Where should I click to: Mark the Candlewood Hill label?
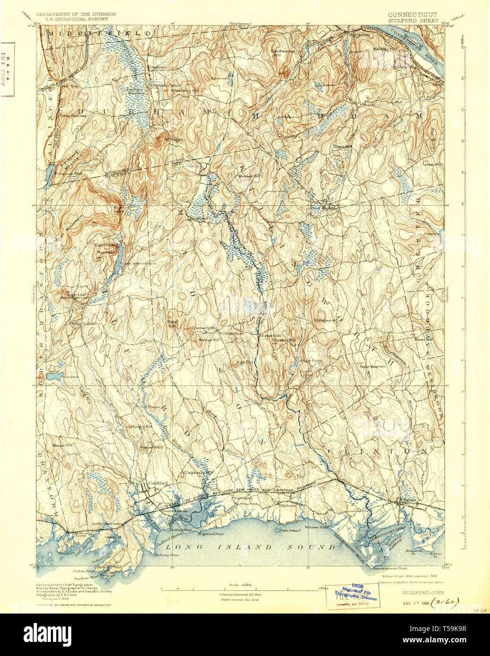tap(282, 52)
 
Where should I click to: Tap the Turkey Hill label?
tap(432, 165)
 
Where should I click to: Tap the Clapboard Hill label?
tap(198, 472)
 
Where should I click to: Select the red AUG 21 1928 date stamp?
tap(415, 603)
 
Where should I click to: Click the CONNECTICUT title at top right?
tap(412, 15)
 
